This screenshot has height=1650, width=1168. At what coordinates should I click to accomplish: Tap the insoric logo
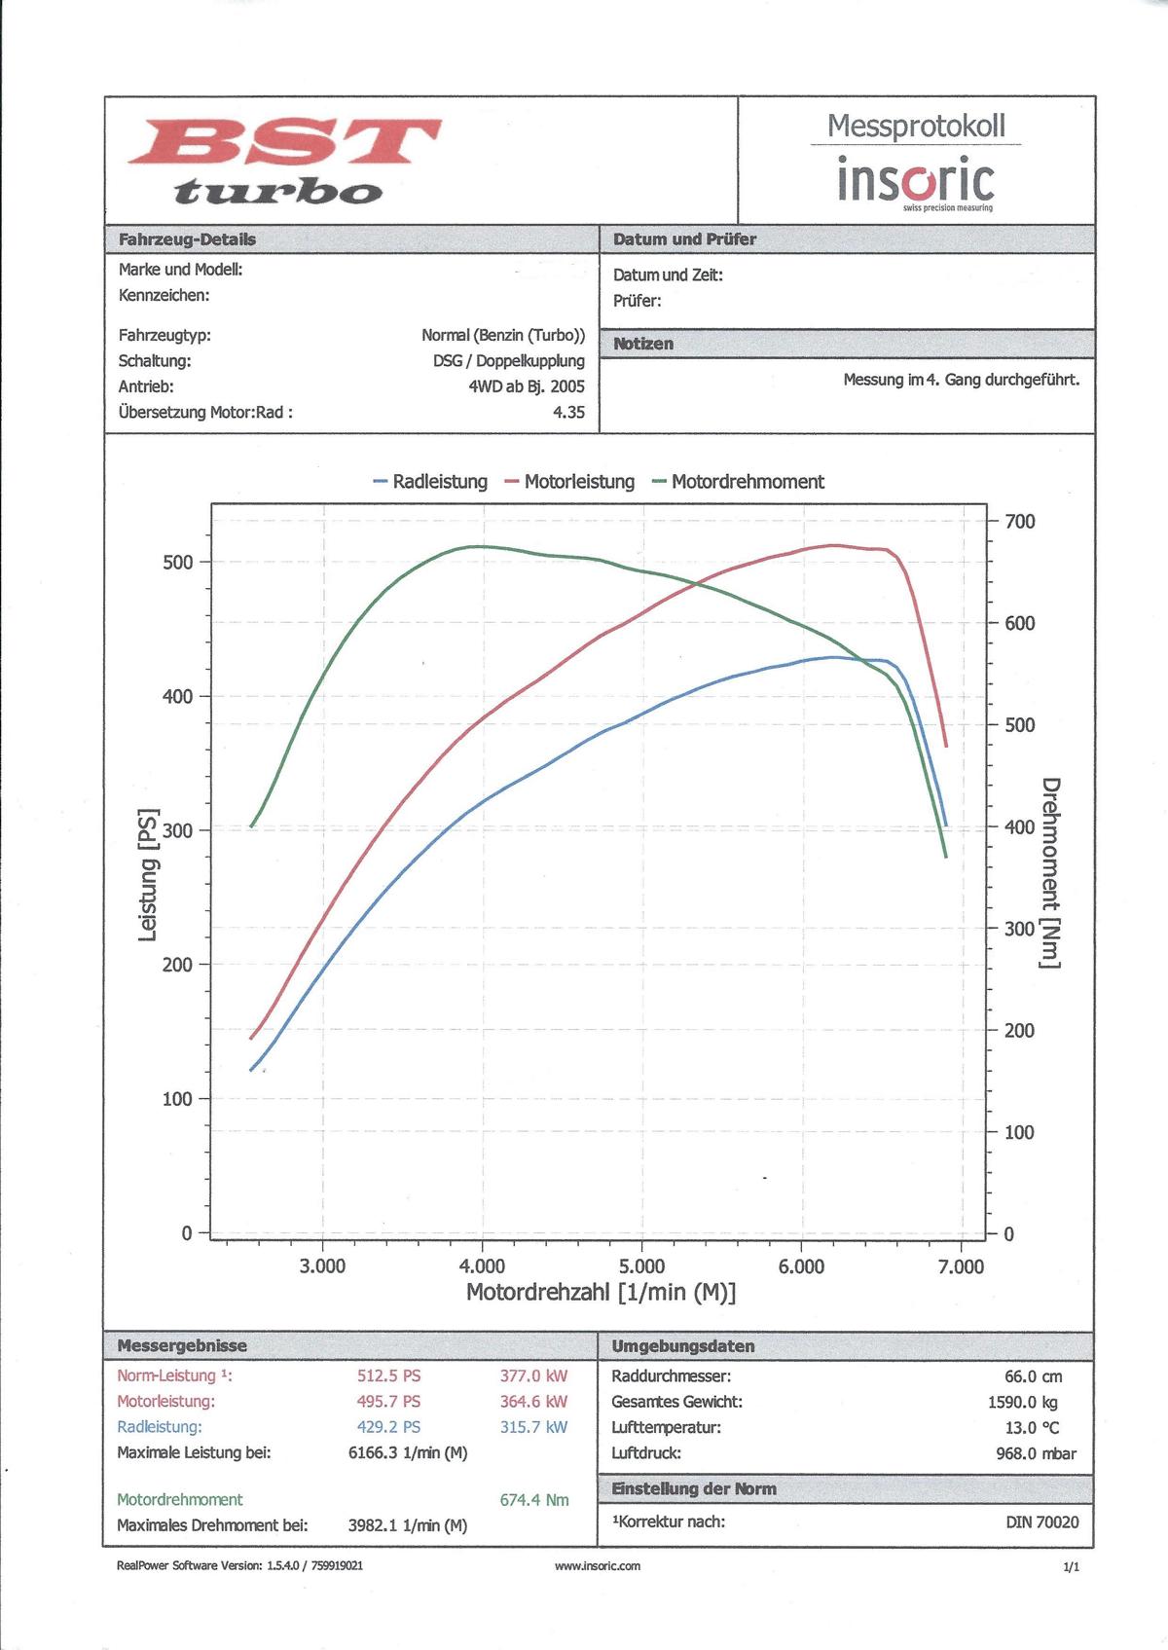[x=916, y=182]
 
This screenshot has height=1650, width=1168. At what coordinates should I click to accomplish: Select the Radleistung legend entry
[x=430, y=482]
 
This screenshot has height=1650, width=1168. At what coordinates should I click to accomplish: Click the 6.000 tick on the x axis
[x=801, y=1266]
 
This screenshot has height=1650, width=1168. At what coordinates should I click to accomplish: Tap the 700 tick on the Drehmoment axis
[x=1020, y=522]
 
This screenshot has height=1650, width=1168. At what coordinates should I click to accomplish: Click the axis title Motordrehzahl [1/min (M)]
[x=601, y=1293]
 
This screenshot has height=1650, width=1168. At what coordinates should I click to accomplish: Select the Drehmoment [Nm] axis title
[x=1050, y=872]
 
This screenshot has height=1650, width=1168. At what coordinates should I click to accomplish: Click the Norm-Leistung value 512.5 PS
[x=389, y=1376]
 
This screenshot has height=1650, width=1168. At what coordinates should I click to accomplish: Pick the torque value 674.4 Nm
[x=534, y=1500]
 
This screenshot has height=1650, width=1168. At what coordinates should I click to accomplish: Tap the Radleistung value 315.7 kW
[x=533, y=1427]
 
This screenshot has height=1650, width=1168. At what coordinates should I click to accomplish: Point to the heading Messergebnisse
[x=182, y=1346]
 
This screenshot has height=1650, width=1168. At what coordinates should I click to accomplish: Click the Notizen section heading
[x=643, y=344]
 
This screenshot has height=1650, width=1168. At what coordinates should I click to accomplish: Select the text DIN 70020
[x=1042, y=1522]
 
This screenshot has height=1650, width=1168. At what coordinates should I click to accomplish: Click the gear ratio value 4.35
[x=568, y=412]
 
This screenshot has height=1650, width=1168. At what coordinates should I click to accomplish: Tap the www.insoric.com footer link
[x=598, y=1566]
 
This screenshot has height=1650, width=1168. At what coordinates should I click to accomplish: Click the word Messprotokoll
[x=916, y=126]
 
